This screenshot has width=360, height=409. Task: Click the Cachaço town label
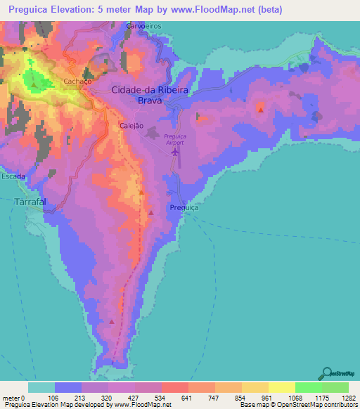(x=79, y=82)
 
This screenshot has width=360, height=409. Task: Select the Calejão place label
(x=131, y=126)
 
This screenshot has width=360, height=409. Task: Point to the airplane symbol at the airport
(x=176, y=150)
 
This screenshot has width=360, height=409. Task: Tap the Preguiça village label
(x=185, y=209)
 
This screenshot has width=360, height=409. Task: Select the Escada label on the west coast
(x=13, y=176)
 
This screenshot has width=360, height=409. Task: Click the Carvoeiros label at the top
(x=144, y=25)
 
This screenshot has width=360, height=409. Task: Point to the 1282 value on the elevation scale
(x=348, y=398)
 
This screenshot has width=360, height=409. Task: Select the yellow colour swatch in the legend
(x=281, y=387)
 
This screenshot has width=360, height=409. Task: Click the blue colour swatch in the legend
(x=68, y=387)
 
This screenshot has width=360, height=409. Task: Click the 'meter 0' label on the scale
(x=14, y=398)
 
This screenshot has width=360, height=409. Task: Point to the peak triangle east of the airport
(x=261, y=110)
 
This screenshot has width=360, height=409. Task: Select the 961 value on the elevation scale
(x=267, y=398)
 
